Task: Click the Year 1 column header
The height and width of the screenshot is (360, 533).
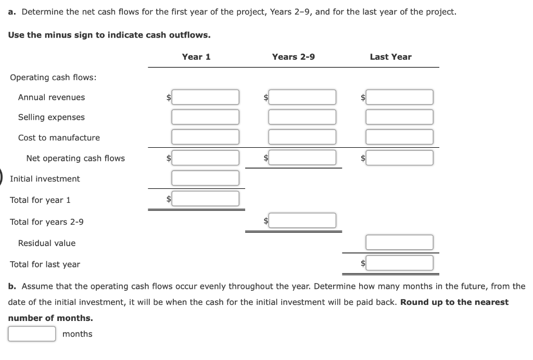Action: tap(196, 57)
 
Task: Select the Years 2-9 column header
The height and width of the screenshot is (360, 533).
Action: tap(293, 57)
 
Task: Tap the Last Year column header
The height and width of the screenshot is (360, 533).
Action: tap(390, 57)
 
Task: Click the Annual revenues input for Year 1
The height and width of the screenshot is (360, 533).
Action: tap(206, 97)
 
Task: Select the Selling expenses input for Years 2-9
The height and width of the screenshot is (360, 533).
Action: tap(302, 117)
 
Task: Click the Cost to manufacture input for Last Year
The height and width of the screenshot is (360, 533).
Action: tap(399, 137)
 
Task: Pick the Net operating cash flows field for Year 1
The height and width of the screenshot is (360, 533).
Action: tap(206, 158)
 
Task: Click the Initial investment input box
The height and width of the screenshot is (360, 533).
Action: tap(206, 178)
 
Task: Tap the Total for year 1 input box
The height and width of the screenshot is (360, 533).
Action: tap(206, 199)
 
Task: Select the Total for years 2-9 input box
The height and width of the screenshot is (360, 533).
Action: tap(302, 221)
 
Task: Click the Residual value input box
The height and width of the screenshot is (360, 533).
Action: tap(399, 242)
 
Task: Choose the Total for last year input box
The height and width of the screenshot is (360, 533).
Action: tap(399, 263)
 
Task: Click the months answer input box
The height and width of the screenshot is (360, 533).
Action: tap(32, 333)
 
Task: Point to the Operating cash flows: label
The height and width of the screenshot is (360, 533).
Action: tap(53, 78)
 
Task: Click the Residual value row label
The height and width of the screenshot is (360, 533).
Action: tap(47, 243)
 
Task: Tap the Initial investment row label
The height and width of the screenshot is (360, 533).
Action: tap(45, 179)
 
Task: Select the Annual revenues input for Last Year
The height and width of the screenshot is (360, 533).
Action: tap(399, 97)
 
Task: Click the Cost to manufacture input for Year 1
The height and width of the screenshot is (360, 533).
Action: tap(206, 137)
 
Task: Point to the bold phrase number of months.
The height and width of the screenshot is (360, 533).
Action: tap(50, 318)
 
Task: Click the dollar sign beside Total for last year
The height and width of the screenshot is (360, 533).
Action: tap(363, 264)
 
